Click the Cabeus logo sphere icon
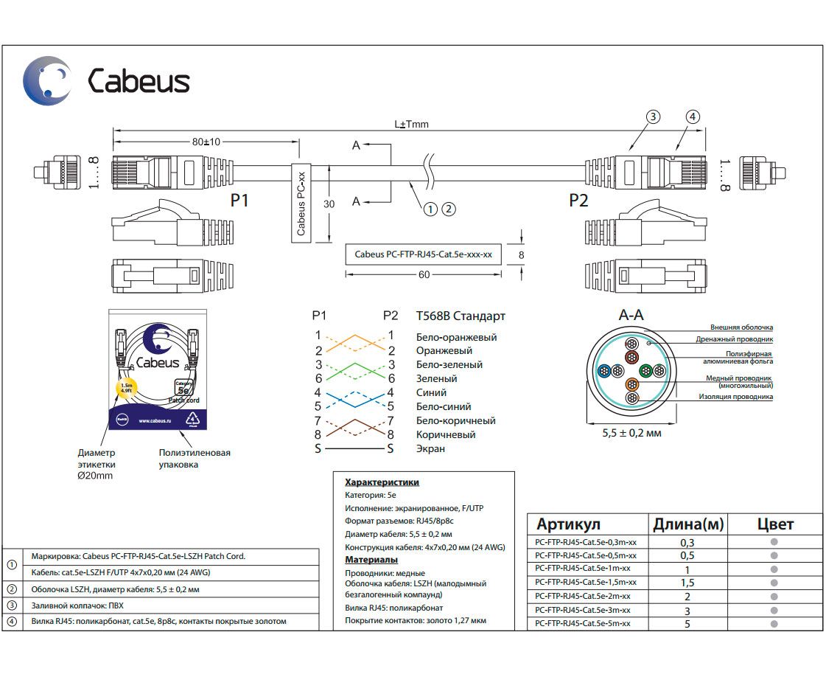[x=48, y=80]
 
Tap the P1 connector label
[x=239, y=200]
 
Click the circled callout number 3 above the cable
[x=652, y=117]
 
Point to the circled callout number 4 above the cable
[x=692, y=117]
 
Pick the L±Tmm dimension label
[x=411, y=125]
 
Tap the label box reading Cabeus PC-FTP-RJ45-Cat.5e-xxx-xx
[x=423, y=254]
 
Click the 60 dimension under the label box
[x=424, y=274]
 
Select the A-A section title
[x=631, y=315]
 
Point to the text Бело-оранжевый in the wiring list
[x=456, y=337]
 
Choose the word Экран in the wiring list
[x=430, y=448]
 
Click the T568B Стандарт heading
[x=461, y=316]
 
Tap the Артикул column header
[x=568, y=524]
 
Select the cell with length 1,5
[x=687, y=583]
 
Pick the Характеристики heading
[x=382, y=482]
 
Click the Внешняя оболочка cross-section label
[x=741, y=327]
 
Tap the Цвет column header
[x=775, y=524]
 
